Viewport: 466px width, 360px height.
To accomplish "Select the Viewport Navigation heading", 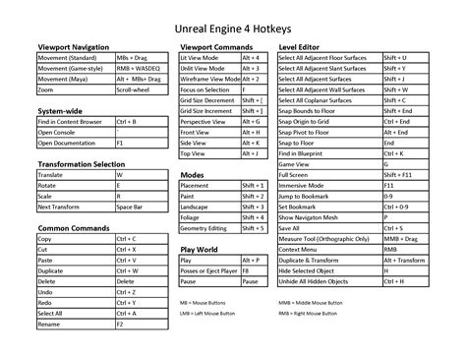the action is click(73, 47).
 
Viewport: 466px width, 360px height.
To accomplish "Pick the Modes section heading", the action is click(193, 174).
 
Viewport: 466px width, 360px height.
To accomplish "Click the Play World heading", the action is click(200, 250).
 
